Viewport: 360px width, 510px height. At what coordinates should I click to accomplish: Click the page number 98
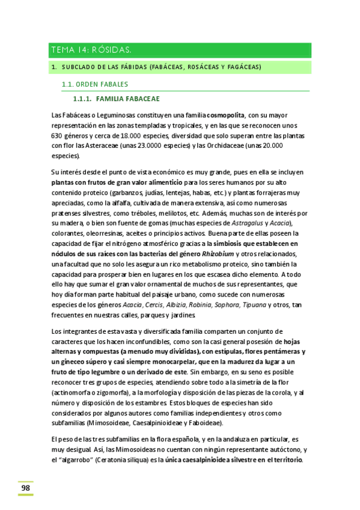coord(25,488)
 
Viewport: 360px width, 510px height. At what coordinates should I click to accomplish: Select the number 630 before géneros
coord(58,136)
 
